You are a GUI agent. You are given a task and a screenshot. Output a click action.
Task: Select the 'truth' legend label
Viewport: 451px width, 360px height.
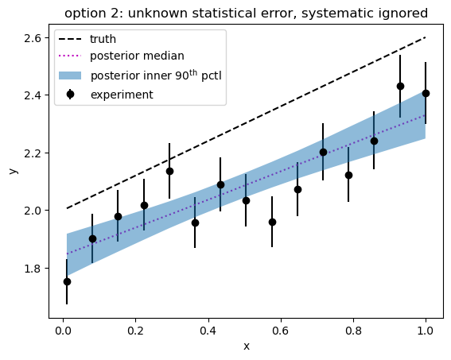(x=103, y=39)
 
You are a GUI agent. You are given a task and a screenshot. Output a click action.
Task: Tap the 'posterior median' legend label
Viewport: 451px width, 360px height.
(x=137, y=56)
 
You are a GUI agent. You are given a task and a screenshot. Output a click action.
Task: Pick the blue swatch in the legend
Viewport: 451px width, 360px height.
(x=70, y=75)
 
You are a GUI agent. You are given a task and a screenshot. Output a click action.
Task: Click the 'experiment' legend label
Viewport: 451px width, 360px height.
(x=122, y=95)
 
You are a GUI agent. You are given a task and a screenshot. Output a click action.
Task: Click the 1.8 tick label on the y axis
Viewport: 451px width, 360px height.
(x=32, y=269)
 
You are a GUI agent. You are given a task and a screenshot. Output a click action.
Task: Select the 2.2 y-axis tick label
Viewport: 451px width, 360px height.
(x=32, y=153)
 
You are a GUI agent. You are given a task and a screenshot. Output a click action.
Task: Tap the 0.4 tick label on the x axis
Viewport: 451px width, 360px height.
(x=208, y=331)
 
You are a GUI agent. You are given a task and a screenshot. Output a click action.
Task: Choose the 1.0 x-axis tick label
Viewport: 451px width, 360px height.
(x=426, y=331)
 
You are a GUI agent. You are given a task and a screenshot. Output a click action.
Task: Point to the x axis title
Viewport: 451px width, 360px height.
(x=247, y=346)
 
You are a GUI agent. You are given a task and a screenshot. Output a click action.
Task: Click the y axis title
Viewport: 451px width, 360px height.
(x=14, y=171)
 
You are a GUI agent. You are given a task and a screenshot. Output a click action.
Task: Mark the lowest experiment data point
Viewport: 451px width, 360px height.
(x=67, y=281)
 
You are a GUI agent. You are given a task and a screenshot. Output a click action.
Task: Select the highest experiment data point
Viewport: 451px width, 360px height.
(x=400, y=86)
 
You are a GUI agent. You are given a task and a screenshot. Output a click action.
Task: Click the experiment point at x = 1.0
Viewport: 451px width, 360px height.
(x=426, y=93)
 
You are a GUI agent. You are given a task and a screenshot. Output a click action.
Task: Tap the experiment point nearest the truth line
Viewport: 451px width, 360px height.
(x=169, y=171)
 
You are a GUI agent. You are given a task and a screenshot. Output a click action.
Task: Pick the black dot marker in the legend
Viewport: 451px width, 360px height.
(x=70, y=95)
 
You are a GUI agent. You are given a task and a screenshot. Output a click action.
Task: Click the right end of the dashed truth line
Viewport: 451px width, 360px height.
(x=426, y=37)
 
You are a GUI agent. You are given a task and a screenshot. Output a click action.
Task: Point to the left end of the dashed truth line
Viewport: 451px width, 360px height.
(x=67, y=208)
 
